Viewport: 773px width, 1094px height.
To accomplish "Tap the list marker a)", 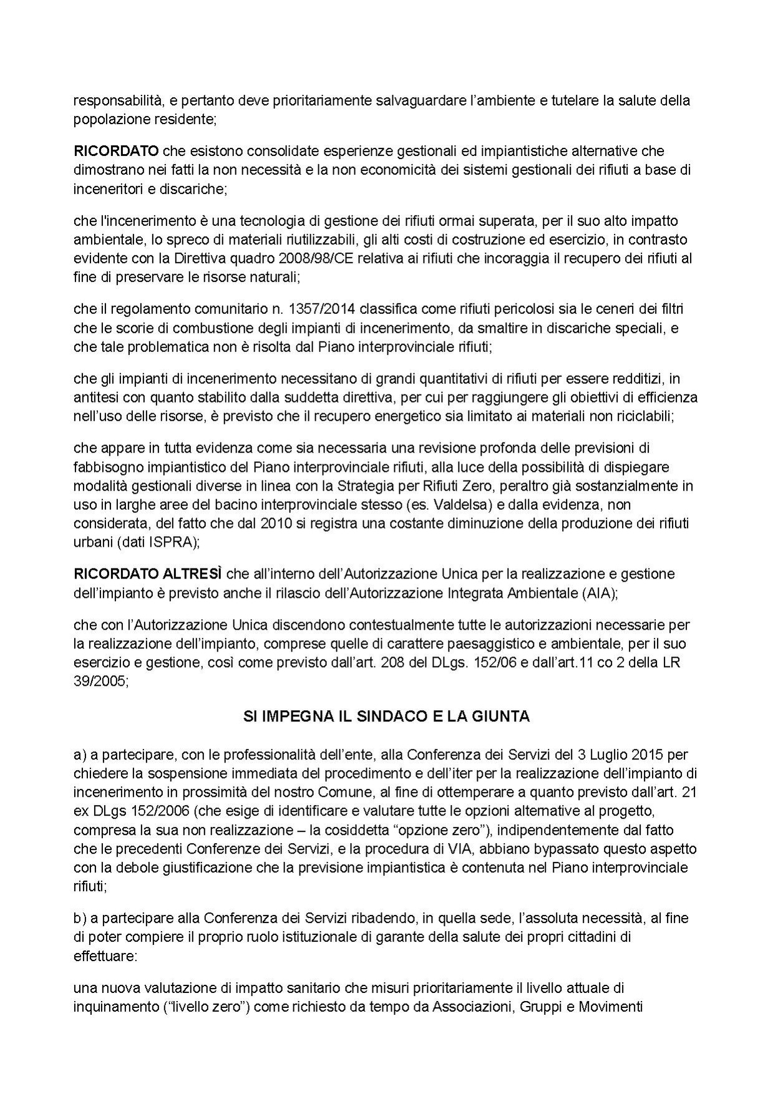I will pyautogui.click(x=80, y=755).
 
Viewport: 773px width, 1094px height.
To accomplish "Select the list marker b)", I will pyautogui.click(x=80, y=918).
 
